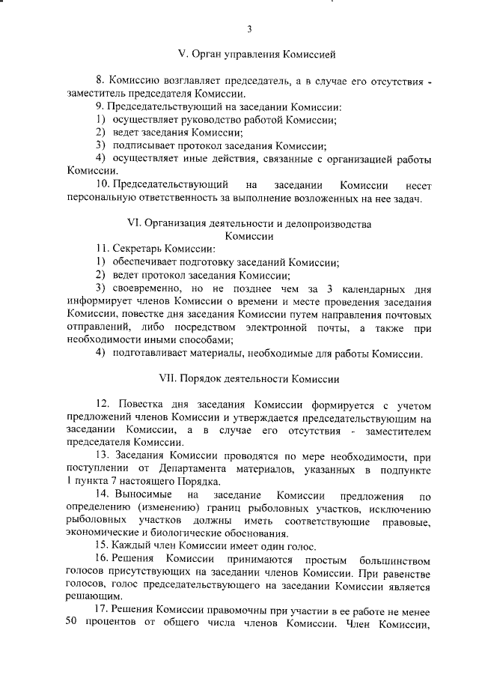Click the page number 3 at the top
pos(249,29)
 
